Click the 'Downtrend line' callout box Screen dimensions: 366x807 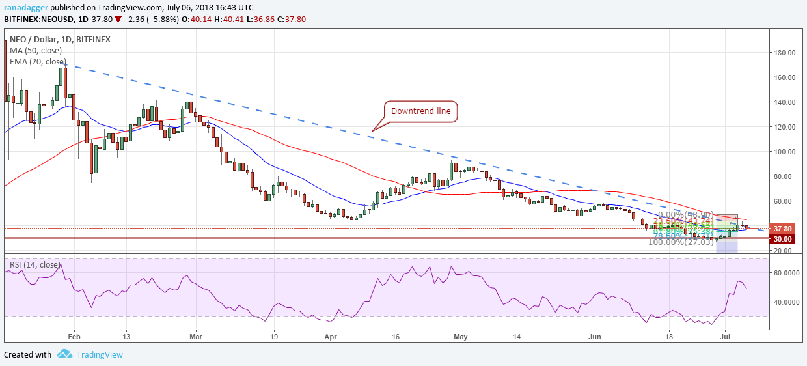tap(420, 111)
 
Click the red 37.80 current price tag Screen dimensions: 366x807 tap(781, 229)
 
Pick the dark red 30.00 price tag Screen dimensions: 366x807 tap(781, 239)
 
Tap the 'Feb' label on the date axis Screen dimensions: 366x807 tap(74, 337)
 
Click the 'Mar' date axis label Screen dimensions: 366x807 tap(196, 337)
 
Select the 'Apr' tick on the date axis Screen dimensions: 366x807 tap(331, 337)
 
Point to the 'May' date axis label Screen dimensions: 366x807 tap(460, 337)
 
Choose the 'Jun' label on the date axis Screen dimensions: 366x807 tap(594, 337)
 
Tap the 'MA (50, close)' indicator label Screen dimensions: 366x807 tap(36, 51)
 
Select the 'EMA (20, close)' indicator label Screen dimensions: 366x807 tap(38, 62)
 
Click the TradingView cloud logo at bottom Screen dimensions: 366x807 tap(64, 354)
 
